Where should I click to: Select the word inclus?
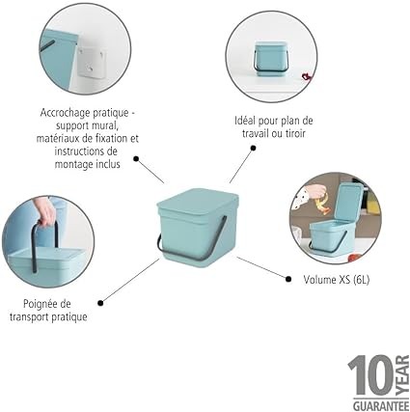(x=108, y=164)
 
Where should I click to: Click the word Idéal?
(x=245, y=121)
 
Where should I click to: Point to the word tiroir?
(x=293, y=133)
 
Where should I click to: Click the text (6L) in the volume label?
(x=361, y=280)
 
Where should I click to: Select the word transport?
(x=30, y=317)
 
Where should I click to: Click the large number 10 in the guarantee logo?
(x=370, y=375)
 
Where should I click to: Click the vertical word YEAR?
(x=402, y=375)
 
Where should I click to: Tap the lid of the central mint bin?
(x=198, y=206)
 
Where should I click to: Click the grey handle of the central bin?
(x=193, y=249)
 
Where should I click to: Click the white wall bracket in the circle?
(x=91, y=62)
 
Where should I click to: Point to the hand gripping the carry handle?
(x=45, y=211)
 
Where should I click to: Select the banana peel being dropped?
(x=322, y=206)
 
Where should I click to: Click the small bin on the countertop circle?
(x=270, y=58)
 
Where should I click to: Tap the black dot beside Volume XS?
(x=288, y=279)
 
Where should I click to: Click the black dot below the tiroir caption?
(x=254, y=148)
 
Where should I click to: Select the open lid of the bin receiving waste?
(x=348, y=203)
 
